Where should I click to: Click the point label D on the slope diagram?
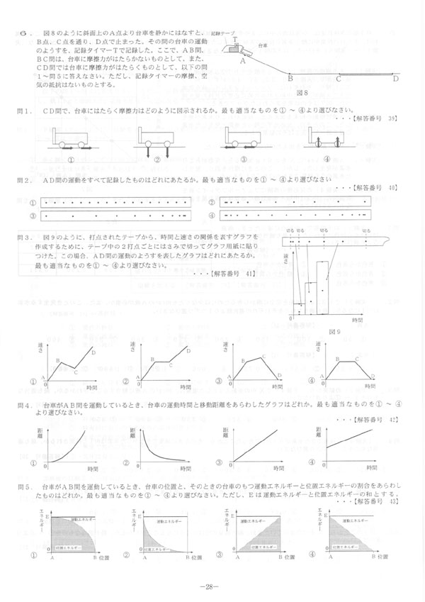395,79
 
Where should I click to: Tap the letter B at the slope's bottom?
290,79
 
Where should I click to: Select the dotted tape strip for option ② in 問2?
297,201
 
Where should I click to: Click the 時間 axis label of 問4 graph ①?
93,469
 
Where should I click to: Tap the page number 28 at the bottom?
212,586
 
